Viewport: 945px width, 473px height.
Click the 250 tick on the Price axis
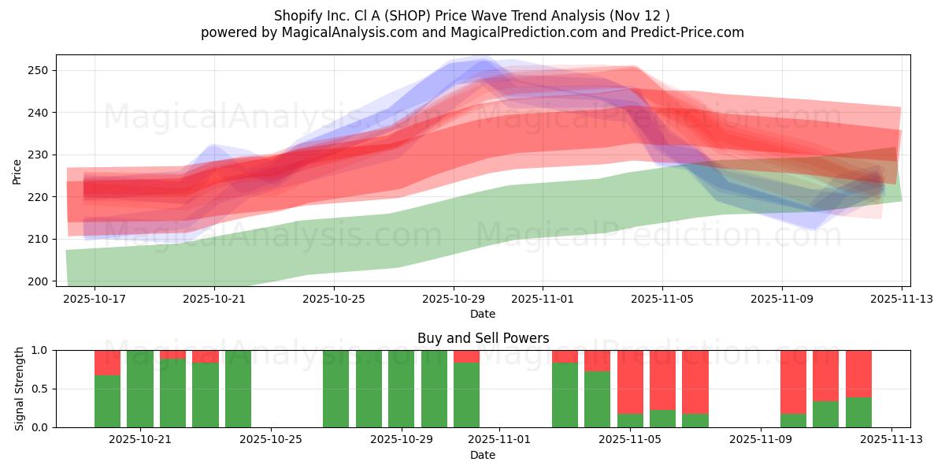click(x=38, y=70)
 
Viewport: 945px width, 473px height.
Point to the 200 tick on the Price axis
click(x=38, y=281)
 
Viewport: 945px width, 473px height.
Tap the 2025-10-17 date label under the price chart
click(x=94, y=299)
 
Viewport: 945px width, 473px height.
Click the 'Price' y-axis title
click(x=17, y=171)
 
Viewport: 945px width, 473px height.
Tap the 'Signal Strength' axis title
click(x=19, y=389)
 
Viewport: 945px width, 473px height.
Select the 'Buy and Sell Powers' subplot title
click(x=483, y=338)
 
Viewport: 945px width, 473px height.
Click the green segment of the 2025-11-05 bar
click(x=630, y=420)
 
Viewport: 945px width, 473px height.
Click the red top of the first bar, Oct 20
click(x=107, y=362)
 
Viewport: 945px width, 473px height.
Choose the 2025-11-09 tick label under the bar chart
click(x=761, y=439)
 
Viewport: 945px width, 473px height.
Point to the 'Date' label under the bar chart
click(x=483, y=455)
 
